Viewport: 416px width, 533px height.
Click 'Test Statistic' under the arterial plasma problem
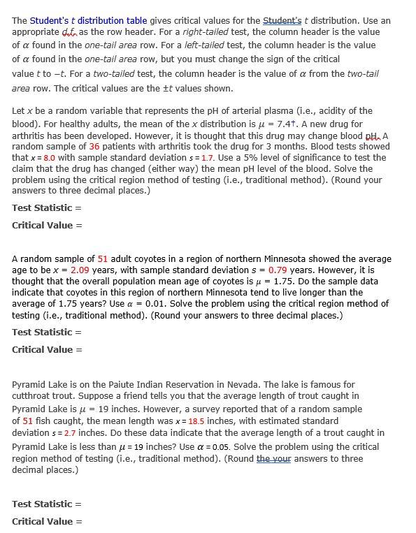42,207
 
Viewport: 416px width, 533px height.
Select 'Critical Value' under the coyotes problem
43,349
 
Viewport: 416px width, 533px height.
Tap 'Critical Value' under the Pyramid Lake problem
43,521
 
